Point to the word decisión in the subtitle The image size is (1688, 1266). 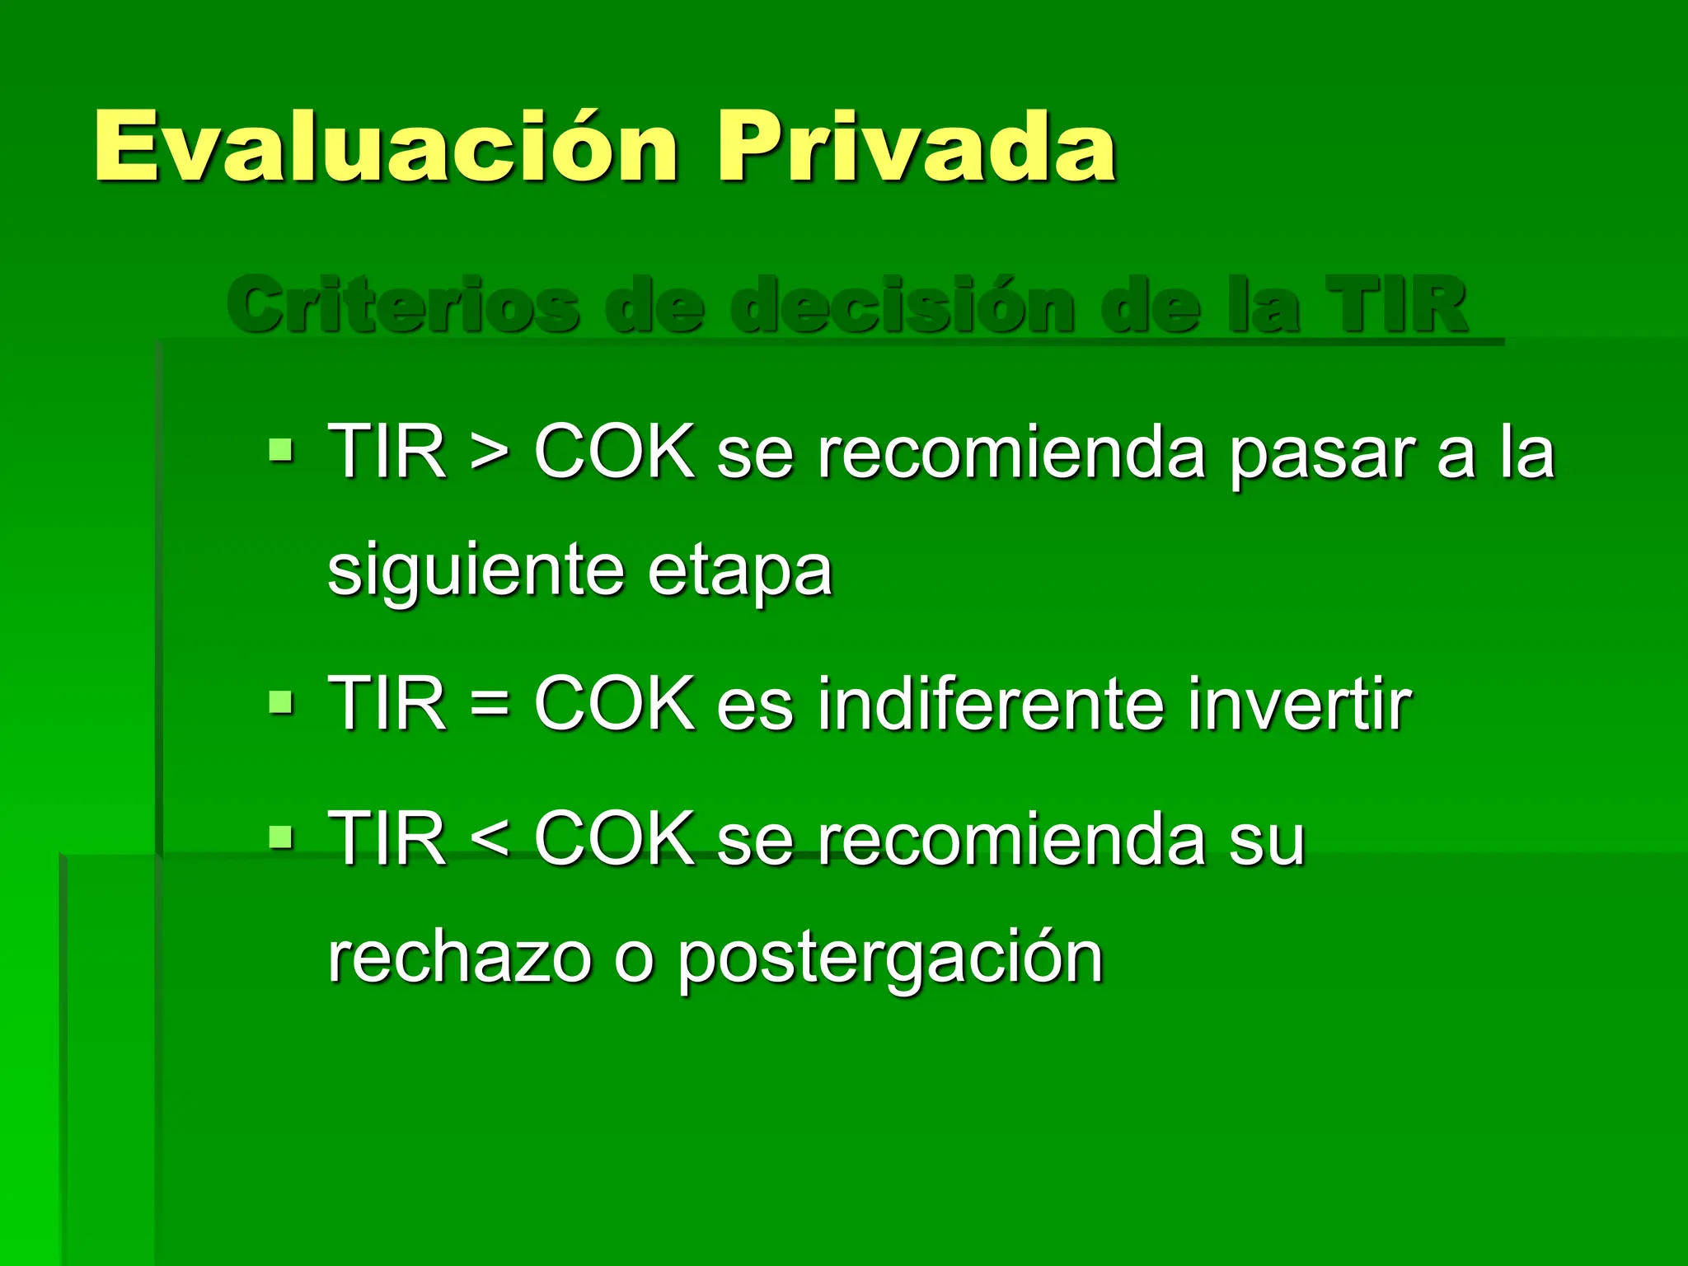click(x=903, y=305)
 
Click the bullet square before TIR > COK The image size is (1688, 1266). click(x=281, y=451)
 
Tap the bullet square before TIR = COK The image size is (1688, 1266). click(x=281, y=702)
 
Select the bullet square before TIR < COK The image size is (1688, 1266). click(x=281, y=838)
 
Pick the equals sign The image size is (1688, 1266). click(x=490, y=706)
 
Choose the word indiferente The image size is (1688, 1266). click(x=992, y=704)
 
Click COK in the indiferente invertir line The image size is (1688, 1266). click(x=614, y=704)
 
